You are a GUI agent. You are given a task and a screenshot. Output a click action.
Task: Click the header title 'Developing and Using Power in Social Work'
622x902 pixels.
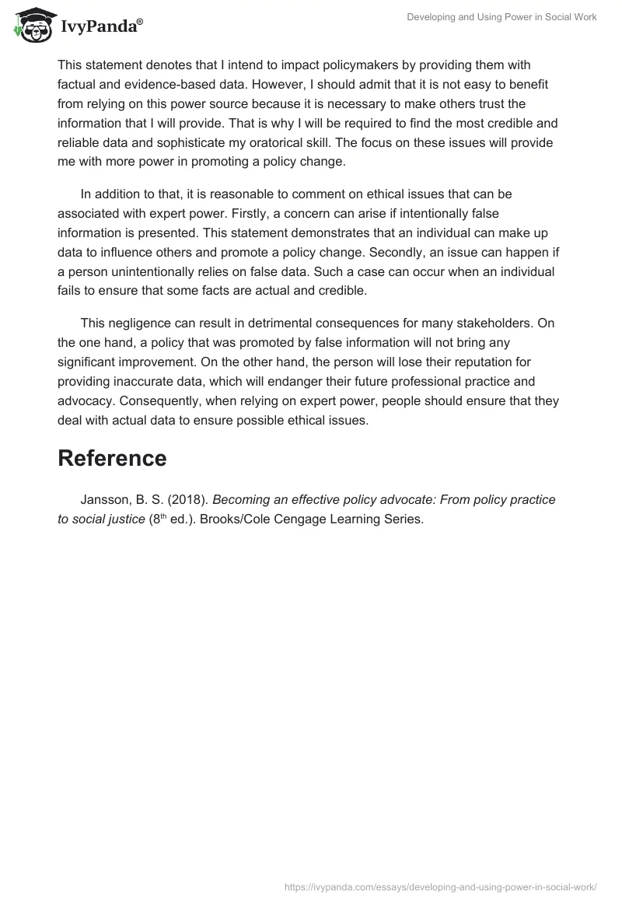click(501, 17)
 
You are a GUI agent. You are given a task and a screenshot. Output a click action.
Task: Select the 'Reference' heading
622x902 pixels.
click(112, 458)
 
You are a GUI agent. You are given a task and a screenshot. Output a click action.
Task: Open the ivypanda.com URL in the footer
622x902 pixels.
click(441, 886)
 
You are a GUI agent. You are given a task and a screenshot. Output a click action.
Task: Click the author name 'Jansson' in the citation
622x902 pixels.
click(106, 499)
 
